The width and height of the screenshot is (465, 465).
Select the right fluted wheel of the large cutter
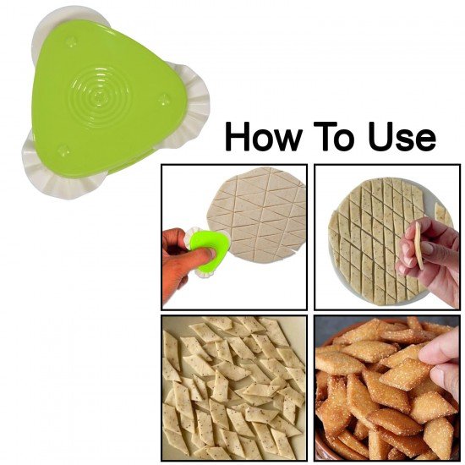(x=194, y=109)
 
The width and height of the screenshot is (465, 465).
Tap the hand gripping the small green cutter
(x=178, y=258)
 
